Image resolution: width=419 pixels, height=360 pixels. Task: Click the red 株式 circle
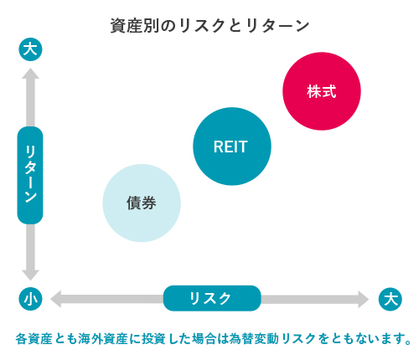pyautogui.click(x=322, y=91)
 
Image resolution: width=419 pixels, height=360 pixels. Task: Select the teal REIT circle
pyautogui.click(x=232, y=147)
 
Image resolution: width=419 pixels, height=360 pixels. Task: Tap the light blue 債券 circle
pyautogui.click(x=142, y=203)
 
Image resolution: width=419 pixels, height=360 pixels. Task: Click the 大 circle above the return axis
pyautogui.click(x=30, y=49)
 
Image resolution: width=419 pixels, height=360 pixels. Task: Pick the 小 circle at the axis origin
pyautogui.click(x=30, y=299)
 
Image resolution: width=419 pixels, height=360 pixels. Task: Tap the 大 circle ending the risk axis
pyautogui.click(x=391, y=299)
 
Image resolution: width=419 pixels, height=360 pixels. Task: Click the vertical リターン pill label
pyautogui.click(x=30, y=175)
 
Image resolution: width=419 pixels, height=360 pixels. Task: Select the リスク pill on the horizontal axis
pyautogui.click(x=212, y=298)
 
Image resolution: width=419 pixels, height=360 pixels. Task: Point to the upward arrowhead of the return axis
pyautogui.click(x=30, y=73)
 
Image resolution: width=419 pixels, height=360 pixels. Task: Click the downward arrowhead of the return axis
pyautogui.click(x=30, y=275)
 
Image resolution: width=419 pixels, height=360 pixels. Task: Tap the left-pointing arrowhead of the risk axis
pyautogui.click(x=55, y=299)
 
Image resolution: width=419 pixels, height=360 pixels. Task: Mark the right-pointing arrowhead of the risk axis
pyautogui.click(x=364, y=299)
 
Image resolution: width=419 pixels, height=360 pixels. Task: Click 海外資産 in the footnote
pyautogui.click(x=103, y=338)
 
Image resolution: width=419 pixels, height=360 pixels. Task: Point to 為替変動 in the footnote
pyautogui.click(x=254, y=338)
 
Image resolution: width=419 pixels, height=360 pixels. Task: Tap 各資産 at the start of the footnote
pyautogui.click(x=34, y=338)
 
